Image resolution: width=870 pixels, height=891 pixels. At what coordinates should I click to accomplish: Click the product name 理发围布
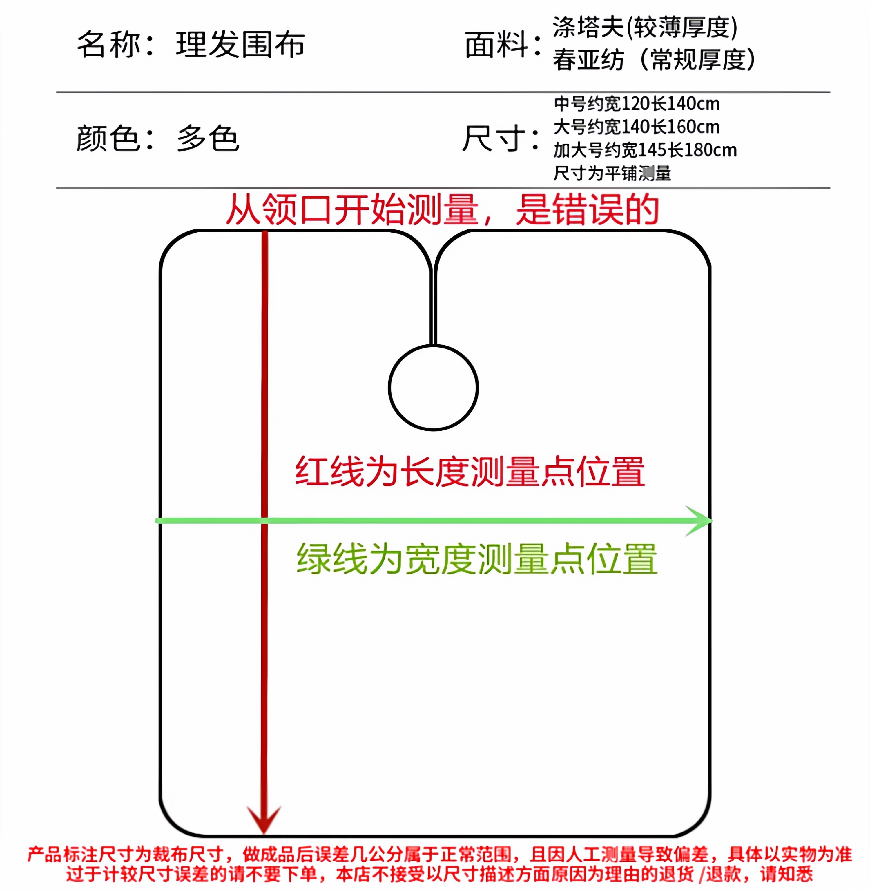240,45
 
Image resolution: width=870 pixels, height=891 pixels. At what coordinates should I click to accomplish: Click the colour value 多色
208,138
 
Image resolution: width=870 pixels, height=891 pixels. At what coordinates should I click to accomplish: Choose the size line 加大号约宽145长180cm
645,150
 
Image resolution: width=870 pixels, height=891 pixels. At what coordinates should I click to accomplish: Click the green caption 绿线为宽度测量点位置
476,559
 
